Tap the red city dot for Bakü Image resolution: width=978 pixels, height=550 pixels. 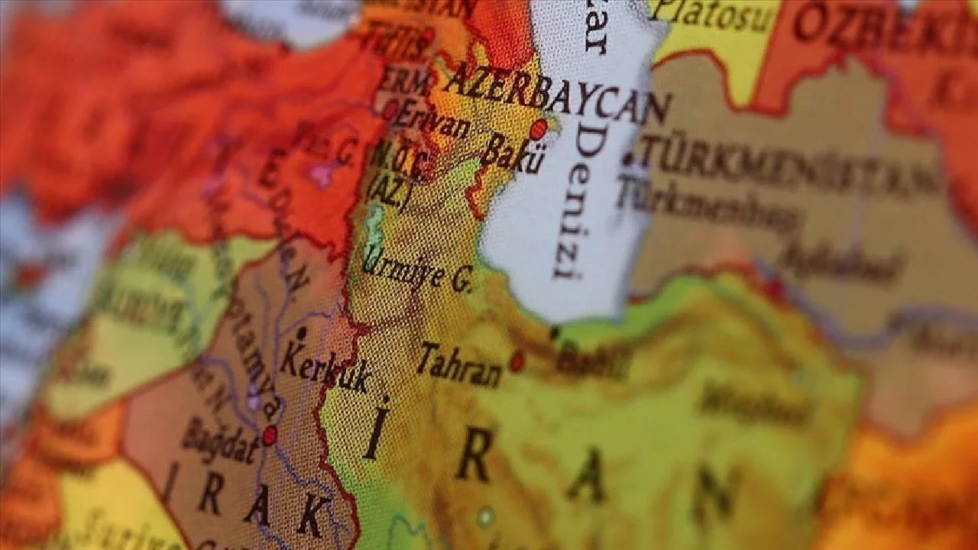tap(538, 129)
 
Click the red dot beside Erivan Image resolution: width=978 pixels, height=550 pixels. tap(391, 110)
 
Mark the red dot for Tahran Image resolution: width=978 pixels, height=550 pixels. tap(517, 361)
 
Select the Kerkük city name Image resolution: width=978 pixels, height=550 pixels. tap(325, 367)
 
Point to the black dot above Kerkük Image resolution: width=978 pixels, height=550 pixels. tap(301, 333)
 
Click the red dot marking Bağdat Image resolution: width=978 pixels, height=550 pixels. tap(269, 435)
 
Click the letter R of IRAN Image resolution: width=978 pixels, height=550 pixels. tap(474, 458)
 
